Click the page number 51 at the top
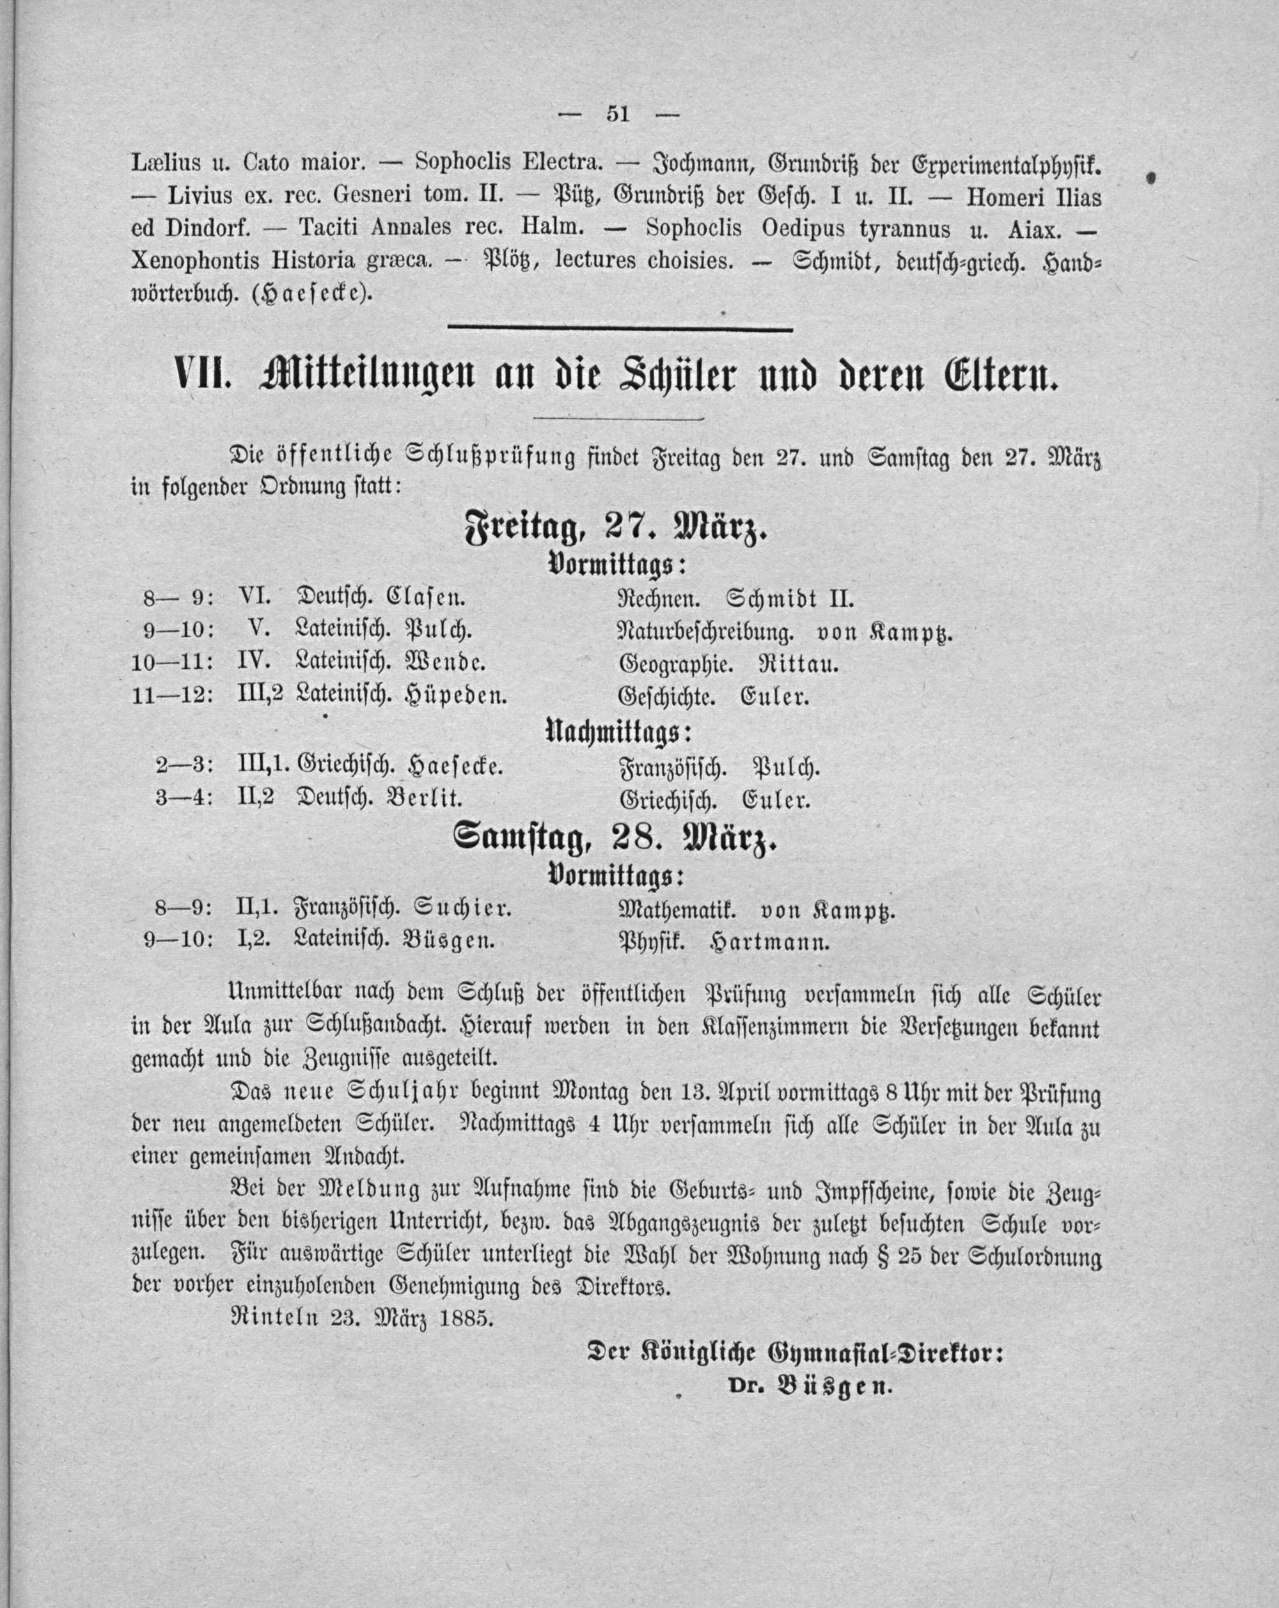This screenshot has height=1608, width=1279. pos(618,114)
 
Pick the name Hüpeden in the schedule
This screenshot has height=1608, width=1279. pos(456,697)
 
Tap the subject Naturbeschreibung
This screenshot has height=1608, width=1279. pos(705,632)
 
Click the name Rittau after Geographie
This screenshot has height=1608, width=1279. pos(798,664)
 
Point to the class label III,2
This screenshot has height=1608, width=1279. pos(260,695)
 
